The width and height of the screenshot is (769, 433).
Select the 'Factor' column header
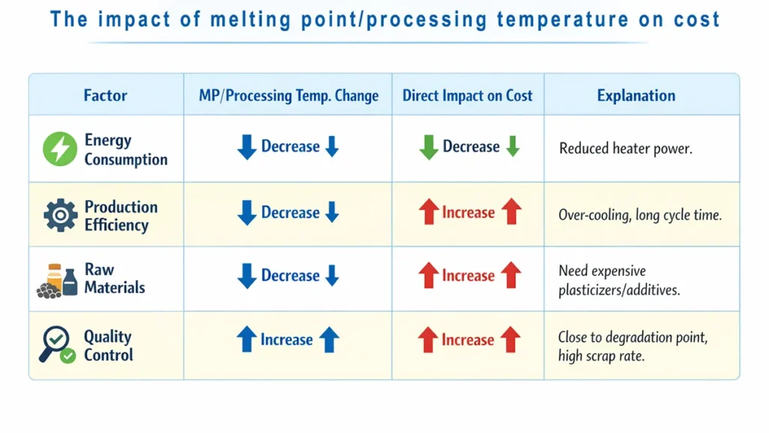pyautogui.click(x=105, y=95)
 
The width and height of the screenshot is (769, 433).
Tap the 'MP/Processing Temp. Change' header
pyautogui.click(x=288, y=95)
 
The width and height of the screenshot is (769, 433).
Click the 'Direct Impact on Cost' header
pyautogui.click(x=467, y=95)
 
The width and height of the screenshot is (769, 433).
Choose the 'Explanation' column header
pyautogui.click(x=636, y=95)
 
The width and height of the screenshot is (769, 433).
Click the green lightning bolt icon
pyautogui.click(x=59, y=149)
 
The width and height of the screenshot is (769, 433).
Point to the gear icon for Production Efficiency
pyautogui.click(x=60, y=216)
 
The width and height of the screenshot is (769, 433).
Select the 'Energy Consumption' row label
pyautogui.click(x=125, y=150)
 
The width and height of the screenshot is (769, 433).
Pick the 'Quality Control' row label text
pyautogui.click(x=108, y=346)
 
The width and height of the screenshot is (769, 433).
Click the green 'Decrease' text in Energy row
pyautogui.click(x=471, y=147)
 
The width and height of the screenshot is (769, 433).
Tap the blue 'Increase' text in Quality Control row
pyautogui.click(x=287, y=340)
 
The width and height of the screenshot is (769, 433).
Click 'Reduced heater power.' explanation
pyautogui.click(x=626, y=149)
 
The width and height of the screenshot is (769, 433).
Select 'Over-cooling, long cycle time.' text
pyautogui.click(x=640, y=215)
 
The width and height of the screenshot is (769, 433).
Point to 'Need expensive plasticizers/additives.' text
pyautogui.click(x=619, y=280)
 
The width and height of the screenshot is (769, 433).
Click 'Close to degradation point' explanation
pyautogui.click(x=632, y=338)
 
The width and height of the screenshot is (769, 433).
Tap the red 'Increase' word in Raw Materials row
pyautogui.click(x=469, y=277)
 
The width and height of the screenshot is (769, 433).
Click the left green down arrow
pyautogui.click(x=428, y=147)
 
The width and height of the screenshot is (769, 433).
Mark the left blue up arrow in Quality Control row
pyautogui.click(x=246, y=340)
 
